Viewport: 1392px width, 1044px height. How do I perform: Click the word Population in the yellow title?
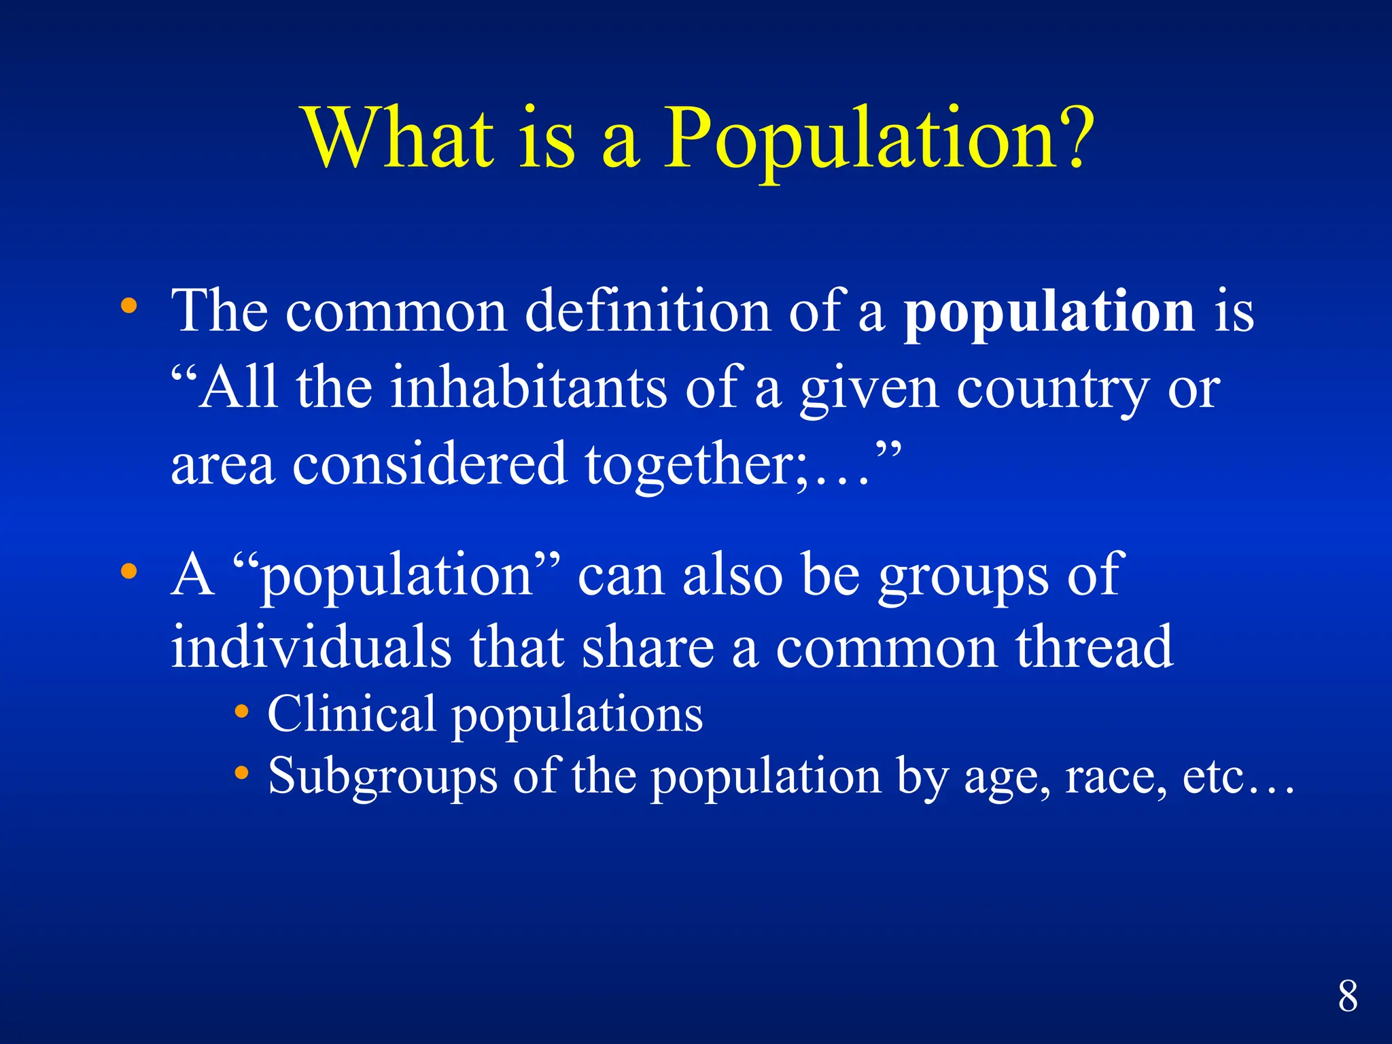point(859,139)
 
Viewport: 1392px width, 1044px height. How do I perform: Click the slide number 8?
point(1348,996)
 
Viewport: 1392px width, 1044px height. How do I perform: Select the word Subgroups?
point(383,776)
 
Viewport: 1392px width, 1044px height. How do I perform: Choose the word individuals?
point(311,647)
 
